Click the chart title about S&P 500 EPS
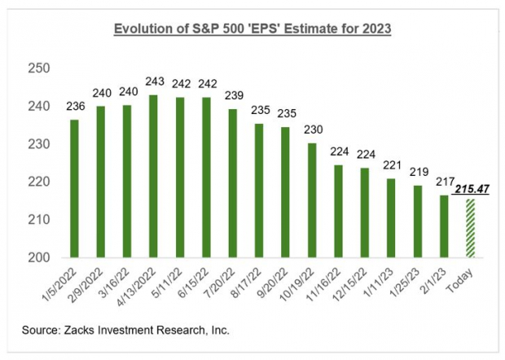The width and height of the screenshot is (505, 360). (253, 30)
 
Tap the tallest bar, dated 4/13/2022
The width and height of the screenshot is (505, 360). (153, 176)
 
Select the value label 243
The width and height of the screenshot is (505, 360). (153, 81)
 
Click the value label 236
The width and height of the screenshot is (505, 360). (75, 106)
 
